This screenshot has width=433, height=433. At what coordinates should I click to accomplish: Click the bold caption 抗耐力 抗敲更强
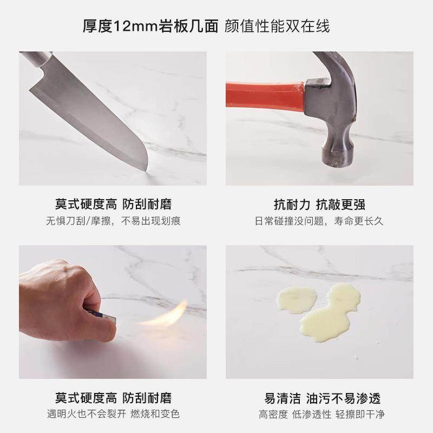coord(319,204)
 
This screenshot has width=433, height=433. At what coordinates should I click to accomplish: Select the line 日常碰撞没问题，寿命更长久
coord(319,221)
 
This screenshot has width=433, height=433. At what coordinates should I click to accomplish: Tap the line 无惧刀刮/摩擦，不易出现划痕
coord(113,221)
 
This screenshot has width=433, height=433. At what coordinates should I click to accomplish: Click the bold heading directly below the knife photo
coord(113,204)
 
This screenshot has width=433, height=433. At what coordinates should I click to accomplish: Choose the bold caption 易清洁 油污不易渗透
coord(319,399)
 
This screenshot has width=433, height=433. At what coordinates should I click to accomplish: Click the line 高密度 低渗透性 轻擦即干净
coord(319,415)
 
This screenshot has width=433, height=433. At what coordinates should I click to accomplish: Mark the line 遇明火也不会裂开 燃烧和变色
coord(113,415)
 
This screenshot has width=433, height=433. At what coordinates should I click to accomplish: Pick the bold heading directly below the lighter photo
coord(113,399)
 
